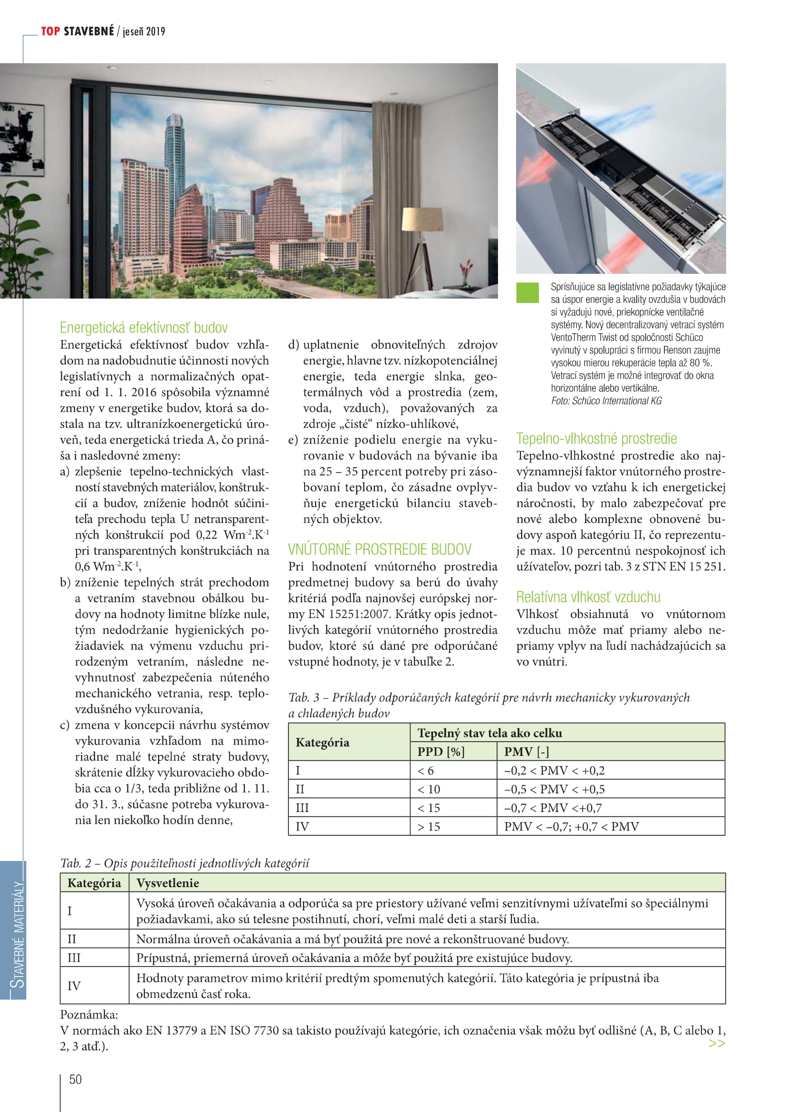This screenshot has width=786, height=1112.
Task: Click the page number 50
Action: [76, 1079]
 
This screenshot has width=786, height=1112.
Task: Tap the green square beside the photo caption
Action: [527, 292]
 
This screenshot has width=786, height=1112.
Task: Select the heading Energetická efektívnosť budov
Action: [143, 328]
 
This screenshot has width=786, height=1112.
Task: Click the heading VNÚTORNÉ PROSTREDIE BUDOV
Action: [379, 549]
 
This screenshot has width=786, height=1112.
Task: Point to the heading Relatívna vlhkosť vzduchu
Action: [588, 597]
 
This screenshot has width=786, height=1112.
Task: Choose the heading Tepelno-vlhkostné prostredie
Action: [596, 438]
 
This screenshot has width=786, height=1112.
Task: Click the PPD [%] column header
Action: [441, 752]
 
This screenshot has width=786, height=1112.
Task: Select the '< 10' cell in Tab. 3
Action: [429, 789]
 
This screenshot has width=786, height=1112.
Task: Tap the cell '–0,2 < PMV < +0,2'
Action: [554, 771]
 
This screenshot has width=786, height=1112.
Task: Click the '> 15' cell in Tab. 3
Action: [429, 826]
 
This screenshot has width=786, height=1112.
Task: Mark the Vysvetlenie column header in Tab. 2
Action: [167, 883]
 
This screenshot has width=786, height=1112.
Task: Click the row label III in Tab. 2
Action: [74, 957]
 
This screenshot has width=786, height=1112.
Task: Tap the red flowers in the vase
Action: [466, 266]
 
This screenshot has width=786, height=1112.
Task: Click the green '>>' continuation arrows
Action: [716, 1043]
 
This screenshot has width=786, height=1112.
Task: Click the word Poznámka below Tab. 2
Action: [89, 1014]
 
